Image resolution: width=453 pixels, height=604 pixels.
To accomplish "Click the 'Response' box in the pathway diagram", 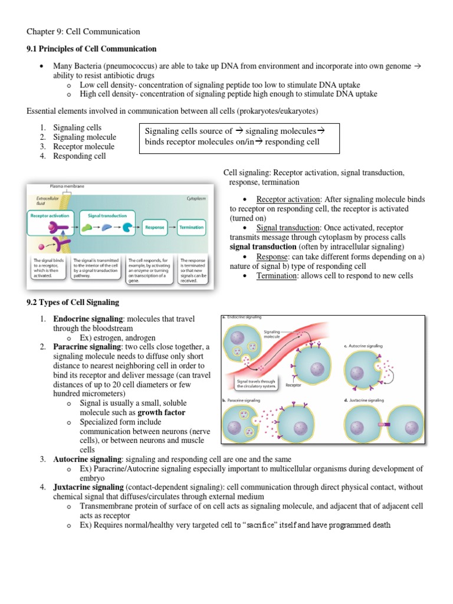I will click(x=155, y=227).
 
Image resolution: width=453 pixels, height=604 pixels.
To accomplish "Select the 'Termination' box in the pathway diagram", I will click(x=191, y=227).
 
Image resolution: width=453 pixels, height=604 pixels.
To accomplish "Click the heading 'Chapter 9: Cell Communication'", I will click(x=83, y=31).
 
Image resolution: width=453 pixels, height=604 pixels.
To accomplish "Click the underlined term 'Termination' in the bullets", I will click(x=278, y=276).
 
